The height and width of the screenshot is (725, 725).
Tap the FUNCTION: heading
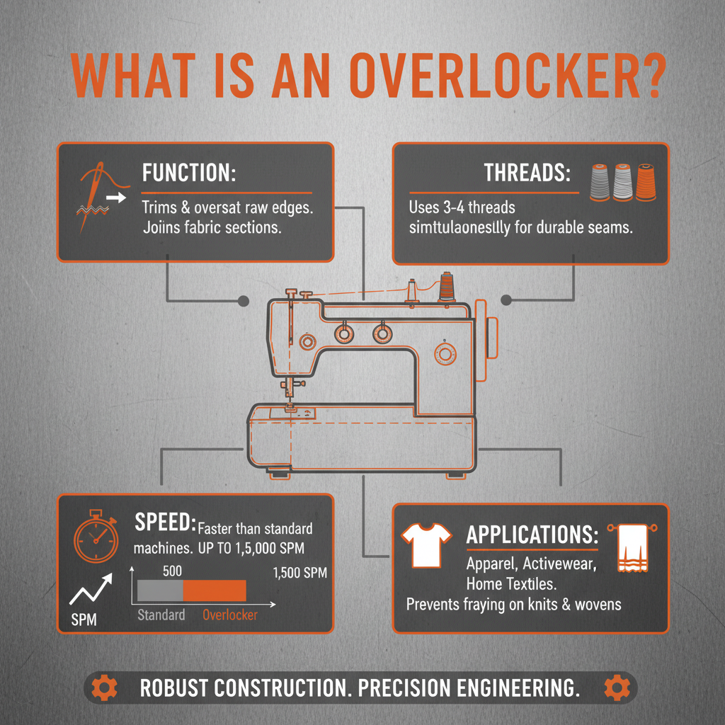click(189, 173)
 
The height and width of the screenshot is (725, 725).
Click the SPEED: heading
click(165, 524)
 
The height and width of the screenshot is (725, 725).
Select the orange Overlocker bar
click(214, 590)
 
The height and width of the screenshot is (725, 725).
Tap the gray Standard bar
click(158, 590)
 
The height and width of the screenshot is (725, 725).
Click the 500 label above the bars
click(173, 570)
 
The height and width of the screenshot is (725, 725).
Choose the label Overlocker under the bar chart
click(230, 615)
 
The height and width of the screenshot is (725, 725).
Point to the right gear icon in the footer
click(616, 687)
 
